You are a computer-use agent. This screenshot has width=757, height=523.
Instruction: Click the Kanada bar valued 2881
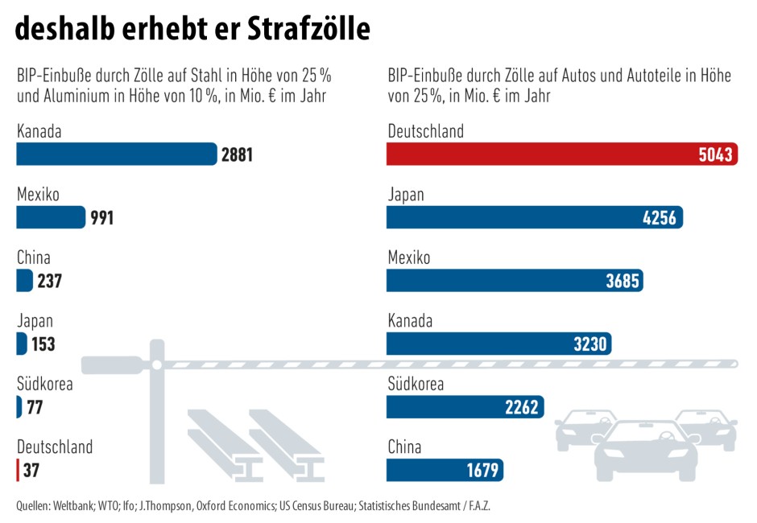(117, 154)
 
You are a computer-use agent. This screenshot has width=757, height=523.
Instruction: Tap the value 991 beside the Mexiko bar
(101, 217)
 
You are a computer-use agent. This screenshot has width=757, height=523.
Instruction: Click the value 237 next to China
(49, 281)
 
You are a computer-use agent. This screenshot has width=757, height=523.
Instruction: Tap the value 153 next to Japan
(43, 344)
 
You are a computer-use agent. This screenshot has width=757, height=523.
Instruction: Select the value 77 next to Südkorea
(35, 407)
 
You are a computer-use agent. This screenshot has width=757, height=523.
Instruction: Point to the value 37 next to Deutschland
(31, 471)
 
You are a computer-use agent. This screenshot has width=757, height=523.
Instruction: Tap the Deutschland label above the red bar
(425, 131)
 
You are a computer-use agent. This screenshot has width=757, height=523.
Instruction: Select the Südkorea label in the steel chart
(44, 384)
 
